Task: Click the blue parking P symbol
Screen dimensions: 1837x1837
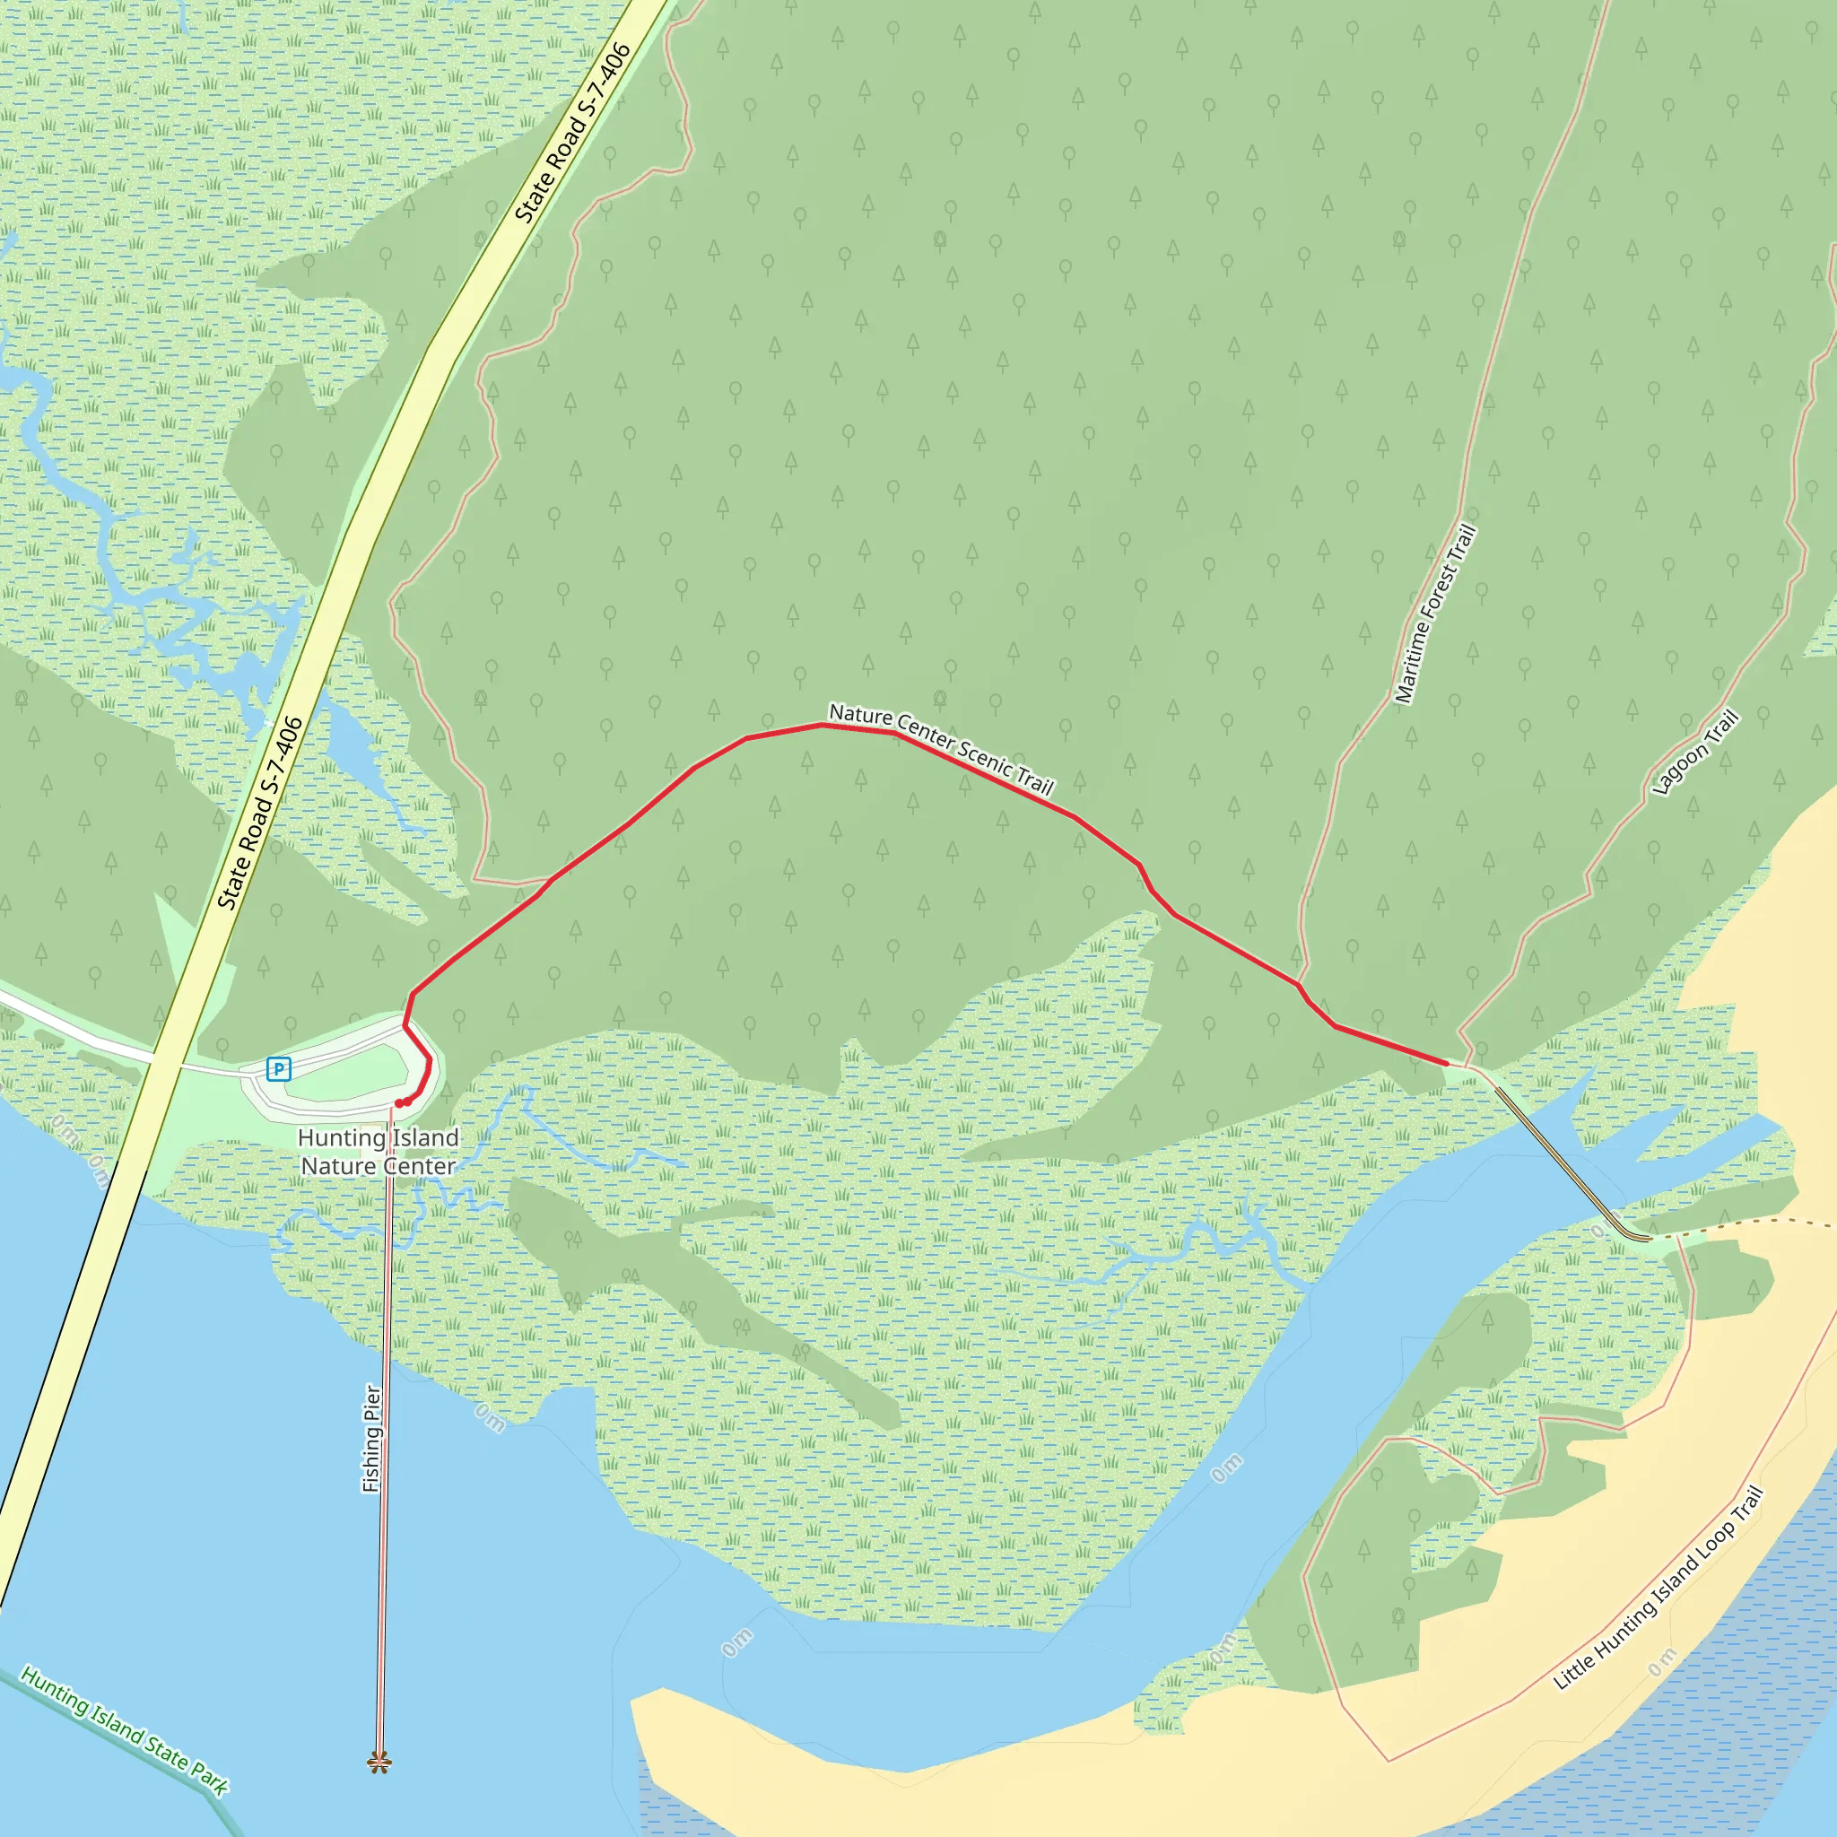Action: click(x=278, y=1068)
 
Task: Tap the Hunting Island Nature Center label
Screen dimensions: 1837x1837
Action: click(x=379, y=1152)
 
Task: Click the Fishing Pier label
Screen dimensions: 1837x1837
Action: click(x=371, y=1439)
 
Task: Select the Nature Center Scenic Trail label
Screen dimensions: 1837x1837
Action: click(x=941, y=748)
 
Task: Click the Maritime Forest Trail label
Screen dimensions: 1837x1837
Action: click(x=1435, y=614)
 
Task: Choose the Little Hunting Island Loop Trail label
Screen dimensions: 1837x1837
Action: click(x=1659, y=1589)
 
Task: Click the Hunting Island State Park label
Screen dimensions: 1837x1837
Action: click(x=125, y=1730)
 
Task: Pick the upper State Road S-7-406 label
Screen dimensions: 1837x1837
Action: click(x=573, y=133)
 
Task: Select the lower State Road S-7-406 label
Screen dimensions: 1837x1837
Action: click(x=259, y=813)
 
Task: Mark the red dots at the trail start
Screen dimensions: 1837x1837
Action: click(x=402, y=1103)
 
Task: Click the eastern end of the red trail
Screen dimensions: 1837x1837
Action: click(x=1446, y=1062)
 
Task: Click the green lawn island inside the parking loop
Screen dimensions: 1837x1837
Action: click(x=347, y=1073)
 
